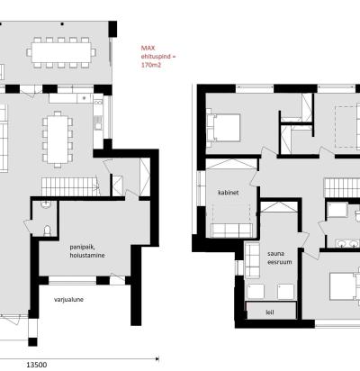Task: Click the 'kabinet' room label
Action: (x=228, y=193)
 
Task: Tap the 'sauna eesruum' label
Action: (x=275, y=258)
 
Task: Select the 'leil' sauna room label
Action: (x=270, y=312)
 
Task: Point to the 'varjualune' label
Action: (x=68, y=299)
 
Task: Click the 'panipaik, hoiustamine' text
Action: (x=87, y=251)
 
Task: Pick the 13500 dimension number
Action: (x=37, y=365)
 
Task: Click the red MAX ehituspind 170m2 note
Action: (x=158, y=56)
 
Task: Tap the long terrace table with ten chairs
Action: (x=61, y=52)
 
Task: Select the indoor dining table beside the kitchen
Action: (x=58, y=139)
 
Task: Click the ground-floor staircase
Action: (x=71, y=186)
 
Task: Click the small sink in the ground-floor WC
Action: (x=46, y=204)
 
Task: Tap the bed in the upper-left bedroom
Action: (x=223, y=128)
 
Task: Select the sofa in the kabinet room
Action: (x=231, y=230)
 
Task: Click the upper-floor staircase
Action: (x=342, y=187)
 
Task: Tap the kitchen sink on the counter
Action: (x=98, y=122)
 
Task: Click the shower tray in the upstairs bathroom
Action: (x=337, y=210)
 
